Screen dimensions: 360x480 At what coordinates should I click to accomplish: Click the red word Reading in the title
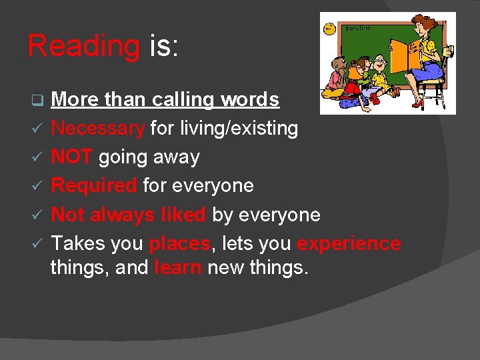[83, 47]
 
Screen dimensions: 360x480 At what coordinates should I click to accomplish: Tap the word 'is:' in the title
[163, 47]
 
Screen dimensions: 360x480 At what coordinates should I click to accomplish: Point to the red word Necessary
[98, 129]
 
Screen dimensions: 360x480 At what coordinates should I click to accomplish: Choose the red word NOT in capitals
[72, 157]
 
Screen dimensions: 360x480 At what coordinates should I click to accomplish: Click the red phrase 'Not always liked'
[128, 215]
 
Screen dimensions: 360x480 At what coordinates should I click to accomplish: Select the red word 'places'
[179, 243]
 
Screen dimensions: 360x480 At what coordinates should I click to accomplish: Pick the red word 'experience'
[349, 243]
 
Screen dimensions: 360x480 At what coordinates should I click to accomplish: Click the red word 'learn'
[178, 269]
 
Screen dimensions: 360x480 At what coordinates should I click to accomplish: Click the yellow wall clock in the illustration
[329, 28]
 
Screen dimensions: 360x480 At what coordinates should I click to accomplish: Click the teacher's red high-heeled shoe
[418, 103]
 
